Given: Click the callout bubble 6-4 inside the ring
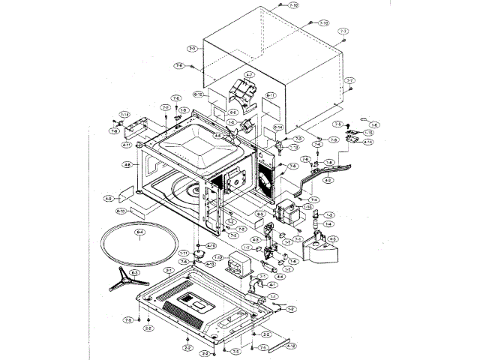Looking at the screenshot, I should coord(139,234).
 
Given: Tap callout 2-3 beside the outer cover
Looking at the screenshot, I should coord(193,49).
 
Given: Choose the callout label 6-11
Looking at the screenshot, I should coord(271,95).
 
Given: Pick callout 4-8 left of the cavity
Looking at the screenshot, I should coord(127,164).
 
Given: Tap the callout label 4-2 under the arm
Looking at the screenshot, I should coord(328,180).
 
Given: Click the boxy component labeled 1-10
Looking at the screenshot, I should coord(288,214).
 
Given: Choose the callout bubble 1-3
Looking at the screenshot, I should coord(328,214).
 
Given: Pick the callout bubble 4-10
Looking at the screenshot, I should coord(212,245).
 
